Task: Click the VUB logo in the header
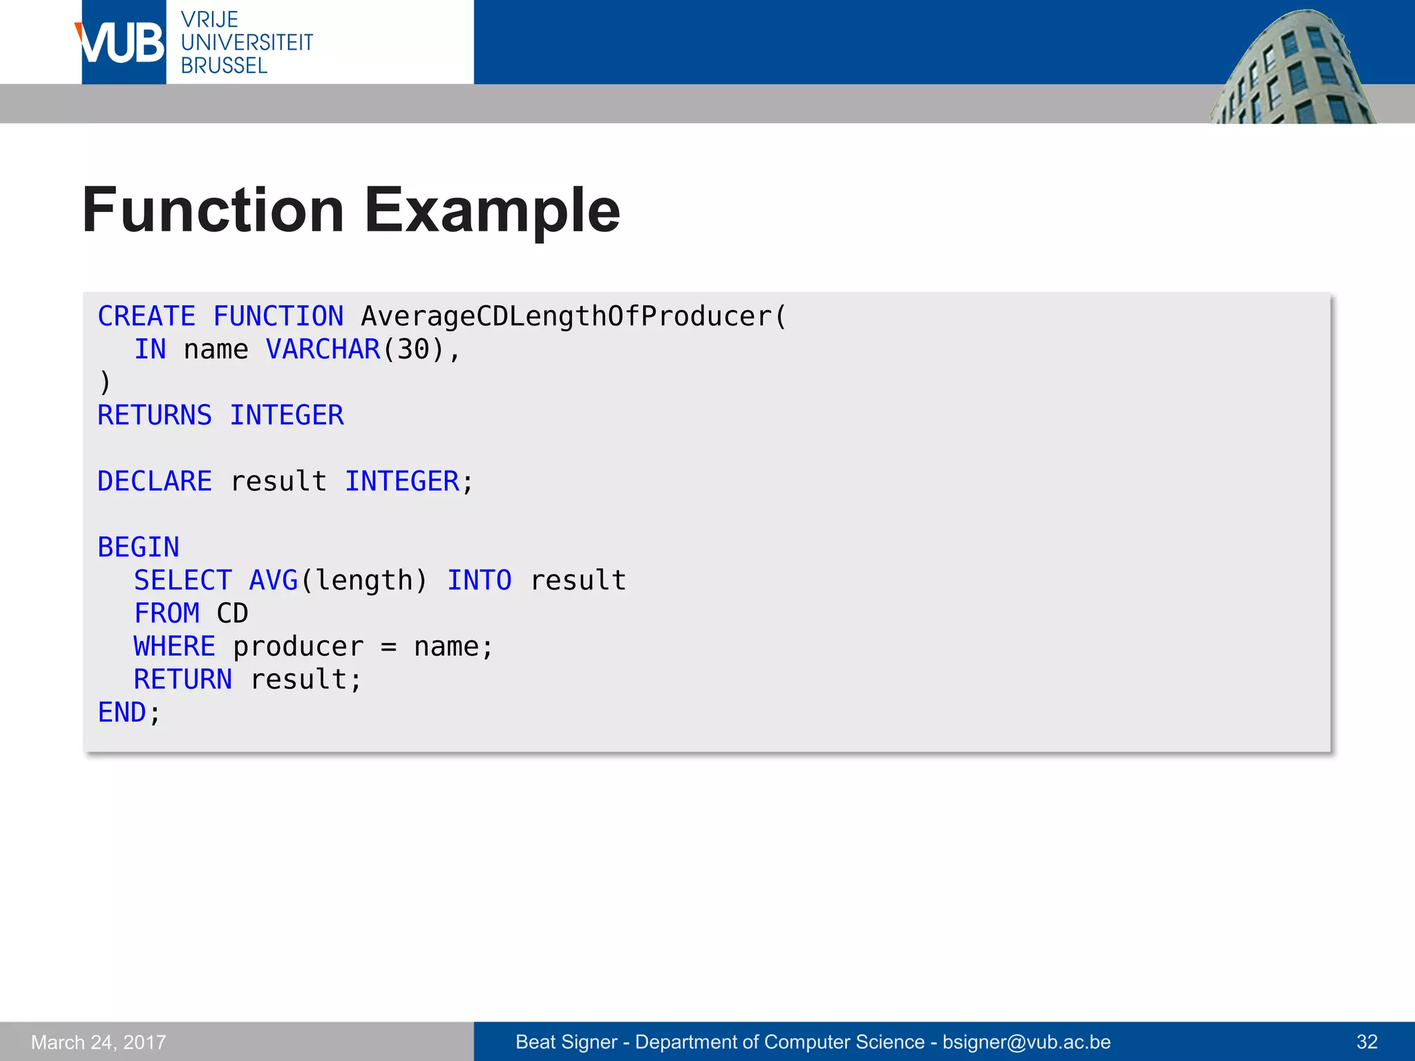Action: [x=122, y=43]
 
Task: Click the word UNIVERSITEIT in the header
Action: [x=247, y=43]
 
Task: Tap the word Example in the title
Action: [x=492, y=210]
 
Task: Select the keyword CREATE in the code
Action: [x=146, y=316]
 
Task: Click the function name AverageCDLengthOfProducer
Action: [x=566, y=316]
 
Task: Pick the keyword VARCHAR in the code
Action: [x=323, y=350]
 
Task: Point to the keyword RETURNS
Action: [x=154, y=415]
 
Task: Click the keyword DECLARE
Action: [x=154, y=481]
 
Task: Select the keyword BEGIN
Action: [x=138, y=547]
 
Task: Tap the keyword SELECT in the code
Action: [x=182, y=580]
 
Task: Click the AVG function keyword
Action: [x=274, y=580]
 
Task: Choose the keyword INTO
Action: [x=479, y=580]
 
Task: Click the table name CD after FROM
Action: [x=232, y=613]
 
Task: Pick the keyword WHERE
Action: [x=174, y=647]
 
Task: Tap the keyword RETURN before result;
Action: [x=182, y=680]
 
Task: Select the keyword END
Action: [x=122, y=712]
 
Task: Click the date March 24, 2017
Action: [x=99, y=1042]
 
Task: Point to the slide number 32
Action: [x=1367, y=1042]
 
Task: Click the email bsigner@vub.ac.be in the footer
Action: [x=1027, y=1042]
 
